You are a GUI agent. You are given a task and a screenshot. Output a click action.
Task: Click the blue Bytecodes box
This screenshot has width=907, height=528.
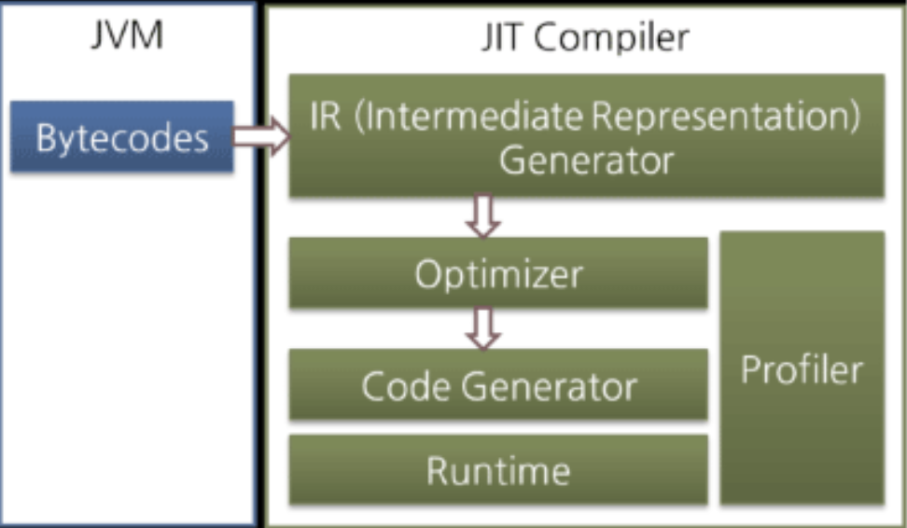[x=121, y=137]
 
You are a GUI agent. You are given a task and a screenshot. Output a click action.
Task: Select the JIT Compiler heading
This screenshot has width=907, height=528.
[x=586, y=38]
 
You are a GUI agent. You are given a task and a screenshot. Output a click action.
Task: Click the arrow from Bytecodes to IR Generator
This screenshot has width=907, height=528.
[x=261, y=137]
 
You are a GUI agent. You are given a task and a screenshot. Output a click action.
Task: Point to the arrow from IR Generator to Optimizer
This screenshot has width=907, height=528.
[x=485, y=216]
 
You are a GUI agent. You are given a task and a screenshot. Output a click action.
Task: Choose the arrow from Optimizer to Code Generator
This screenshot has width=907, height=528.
[x=485, y=328]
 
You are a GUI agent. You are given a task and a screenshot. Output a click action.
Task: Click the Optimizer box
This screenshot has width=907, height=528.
[x=498, y=273]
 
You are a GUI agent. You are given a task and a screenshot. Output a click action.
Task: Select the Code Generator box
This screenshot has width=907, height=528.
[x=498, y=385]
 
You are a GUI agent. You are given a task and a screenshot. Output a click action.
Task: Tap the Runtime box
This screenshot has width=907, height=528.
[x=498, y=470]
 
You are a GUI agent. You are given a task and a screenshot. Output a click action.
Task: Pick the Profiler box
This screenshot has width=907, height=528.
[x=802, y=368]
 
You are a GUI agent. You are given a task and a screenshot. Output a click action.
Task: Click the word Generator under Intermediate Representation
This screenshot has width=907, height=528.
[x=586, y=160]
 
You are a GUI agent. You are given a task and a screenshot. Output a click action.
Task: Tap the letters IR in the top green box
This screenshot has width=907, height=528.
[x=326, y=119]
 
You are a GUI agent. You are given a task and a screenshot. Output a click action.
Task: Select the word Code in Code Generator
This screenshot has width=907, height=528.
[x=400, y=385]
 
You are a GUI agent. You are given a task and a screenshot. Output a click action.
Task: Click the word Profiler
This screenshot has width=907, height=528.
[x=802, y=370]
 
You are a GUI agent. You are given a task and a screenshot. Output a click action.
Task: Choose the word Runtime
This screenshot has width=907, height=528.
[x=498, y=470]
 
